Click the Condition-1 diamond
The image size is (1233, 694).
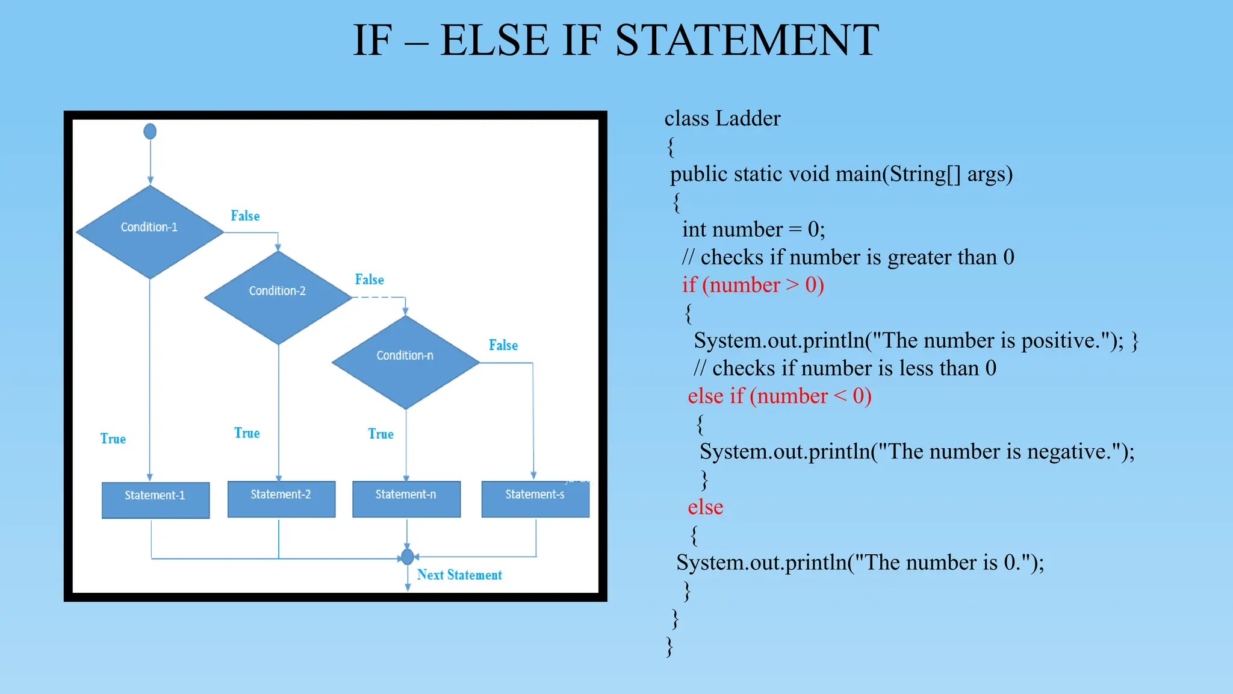pos(149,231)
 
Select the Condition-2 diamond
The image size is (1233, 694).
pos(278,296)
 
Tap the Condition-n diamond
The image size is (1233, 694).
pos(405,361)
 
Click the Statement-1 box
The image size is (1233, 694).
pos(155,499)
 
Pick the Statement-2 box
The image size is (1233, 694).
pos(281,498)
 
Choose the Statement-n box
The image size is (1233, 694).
pos(406,498)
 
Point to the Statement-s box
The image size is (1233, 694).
pos(535,498)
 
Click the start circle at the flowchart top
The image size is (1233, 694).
pos(150,131)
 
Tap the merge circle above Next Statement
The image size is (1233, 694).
pos(408,557)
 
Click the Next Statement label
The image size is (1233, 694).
pos(459,575)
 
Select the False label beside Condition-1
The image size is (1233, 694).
pos(245,216)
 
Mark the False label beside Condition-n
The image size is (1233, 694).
pos(503,345)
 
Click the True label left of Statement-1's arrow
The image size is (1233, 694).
pos(113,439)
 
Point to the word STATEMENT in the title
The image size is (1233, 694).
pos(747,40)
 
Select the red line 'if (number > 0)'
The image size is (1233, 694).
pos(753,284)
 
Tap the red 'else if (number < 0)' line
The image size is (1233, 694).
pos(780,396)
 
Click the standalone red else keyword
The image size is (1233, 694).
pos(706,507)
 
